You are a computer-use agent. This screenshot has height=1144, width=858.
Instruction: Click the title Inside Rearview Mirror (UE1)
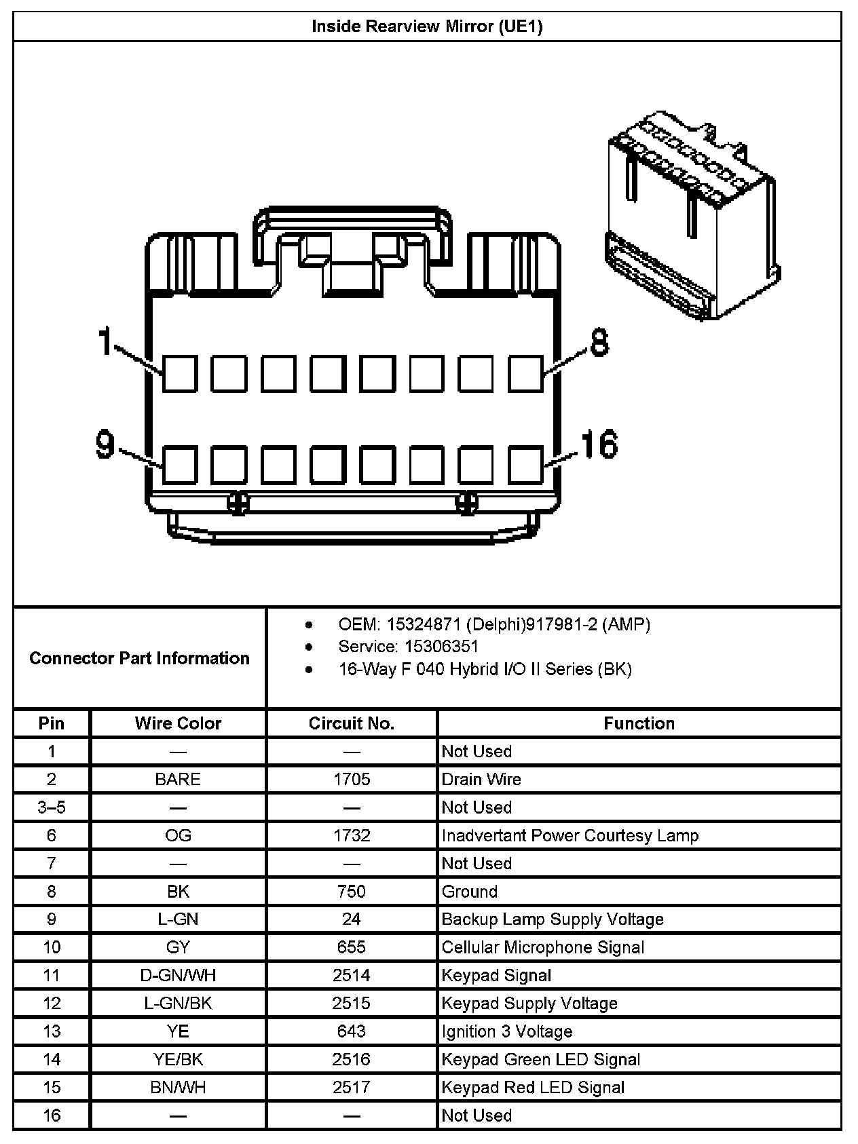[427, 26]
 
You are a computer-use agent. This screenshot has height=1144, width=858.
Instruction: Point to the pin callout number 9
[105, 444]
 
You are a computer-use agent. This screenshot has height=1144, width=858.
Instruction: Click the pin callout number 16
[599, 444]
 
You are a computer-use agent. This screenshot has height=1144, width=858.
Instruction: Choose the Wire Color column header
[178, 723]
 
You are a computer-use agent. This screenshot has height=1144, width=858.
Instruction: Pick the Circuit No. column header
[351, 723]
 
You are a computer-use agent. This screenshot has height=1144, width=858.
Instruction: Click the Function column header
[639, 723]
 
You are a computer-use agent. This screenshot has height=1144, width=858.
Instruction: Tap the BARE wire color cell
[178, 779]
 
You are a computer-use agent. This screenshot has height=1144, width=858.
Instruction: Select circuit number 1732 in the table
[352, 835]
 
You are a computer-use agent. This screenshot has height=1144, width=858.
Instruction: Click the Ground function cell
[470, 892]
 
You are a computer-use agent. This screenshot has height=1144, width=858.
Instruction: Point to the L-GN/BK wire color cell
[178, 1004]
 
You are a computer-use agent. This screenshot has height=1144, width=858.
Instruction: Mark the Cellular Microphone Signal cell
[543, 947]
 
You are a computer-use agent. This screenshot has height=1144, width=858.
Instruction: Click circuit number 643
[352, 1031]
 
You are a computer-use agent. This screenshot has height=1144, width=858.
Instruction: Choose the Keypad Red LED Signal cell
[533, 1088]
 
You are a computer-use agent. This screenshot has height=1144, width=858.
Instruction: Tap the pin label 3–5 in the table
[52, 807]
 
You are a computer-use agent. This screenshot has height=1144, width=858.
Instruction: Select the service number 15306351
[441, 647]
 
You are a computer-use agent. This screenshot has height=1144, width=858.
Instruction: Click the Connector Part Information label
[139, 658]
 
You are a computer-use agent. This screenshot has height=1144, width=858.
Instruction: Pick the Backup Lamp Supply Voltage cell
[553, 919]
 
